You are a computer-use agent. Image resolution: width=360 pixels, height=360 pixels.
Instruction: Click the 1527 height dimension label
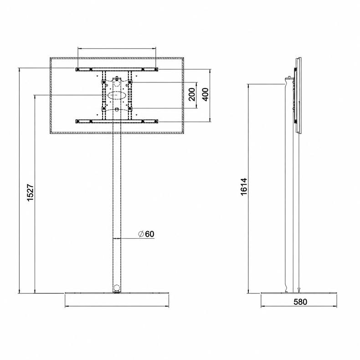pos(30,192)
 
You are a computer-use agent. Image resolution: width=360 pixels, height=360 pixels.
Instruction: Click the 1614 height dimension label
pos(244,187)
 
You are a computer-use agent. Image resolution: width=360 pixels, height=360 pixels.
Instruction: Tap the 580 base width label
pos(300,302)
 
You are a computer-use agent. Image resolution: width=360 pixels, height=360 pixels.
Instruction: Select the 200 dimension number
pos(192,94)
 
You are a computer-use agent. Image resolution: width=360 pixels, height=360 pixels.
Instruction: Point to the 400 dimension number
pos(205,94)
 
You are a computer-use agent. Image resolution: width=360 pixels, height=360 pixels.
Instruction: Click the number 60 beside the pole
pos(149,234)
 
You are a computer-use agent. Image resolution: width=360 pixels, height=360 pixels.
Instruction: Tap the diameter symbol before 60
pos(141,234)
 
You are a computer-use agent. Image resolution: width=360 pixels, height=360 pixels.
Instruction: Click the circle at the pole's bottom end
pos(117,288)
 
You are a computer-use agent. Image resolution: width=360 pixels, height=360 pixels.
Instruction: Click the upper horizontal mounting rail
pos(117,69)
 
